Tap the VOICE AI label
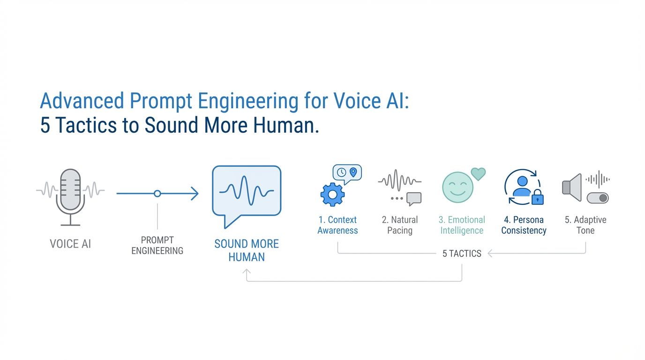70,244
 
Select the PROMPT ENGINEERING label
157,246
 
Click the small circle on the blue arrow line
157,193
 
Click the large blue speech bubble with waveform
247,192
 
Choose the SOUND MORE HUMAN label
247,250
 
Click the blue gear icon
332,195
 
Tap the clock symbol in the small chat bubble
342,172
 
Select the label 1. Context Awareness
337,225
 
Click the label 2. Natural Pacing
400,225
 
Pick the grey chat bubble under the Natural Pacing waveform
414,199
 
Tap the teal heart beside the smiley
478,174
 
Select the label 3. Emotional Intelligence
462,225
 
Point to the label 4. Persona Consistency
524,225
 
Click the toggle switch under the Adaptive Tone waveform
598,198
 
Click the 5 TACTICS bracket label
462,254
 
